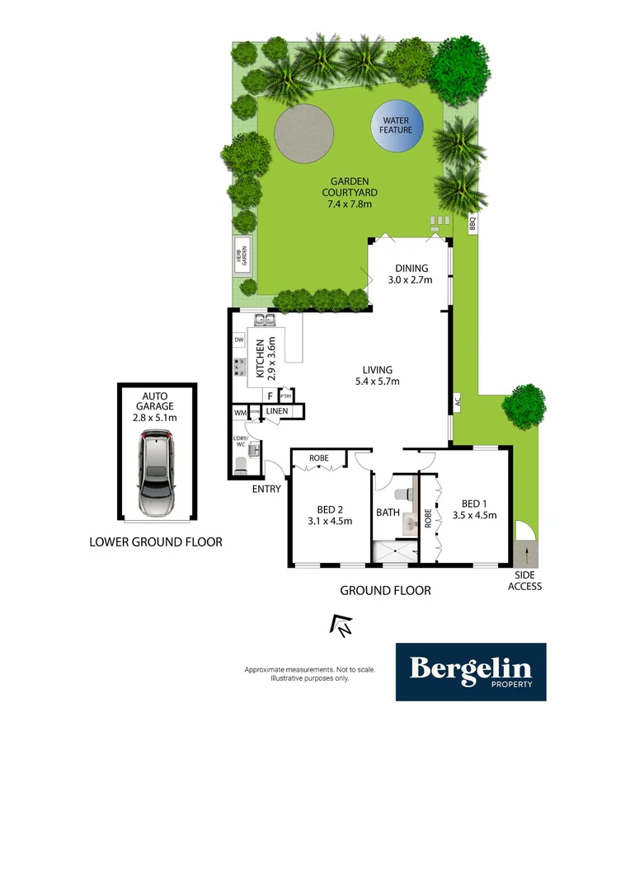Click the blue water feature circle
coord(396,125)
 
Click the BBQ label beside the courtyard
coord(473,223)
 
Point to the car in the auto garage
coord(157,476)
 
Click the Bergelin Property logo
coord(470,672)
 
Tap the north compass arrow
coord(341,626)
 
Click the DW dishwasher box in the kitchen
coord(239,340)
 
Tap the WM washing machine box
coord(240,412)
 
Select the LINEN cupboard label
coord(276,411)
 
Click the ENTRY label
coord(267,489)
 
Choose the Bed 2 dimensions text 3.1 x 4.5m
coord(329,521)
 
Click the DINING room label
coord(411,268)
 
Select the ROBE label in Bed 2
coord(319,457)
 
